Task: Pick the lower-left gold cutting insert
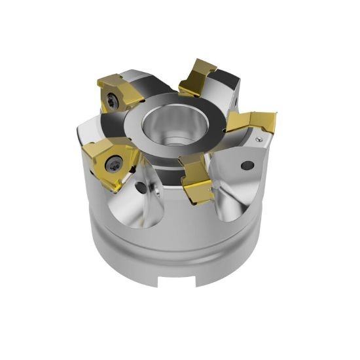(108, 158)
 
